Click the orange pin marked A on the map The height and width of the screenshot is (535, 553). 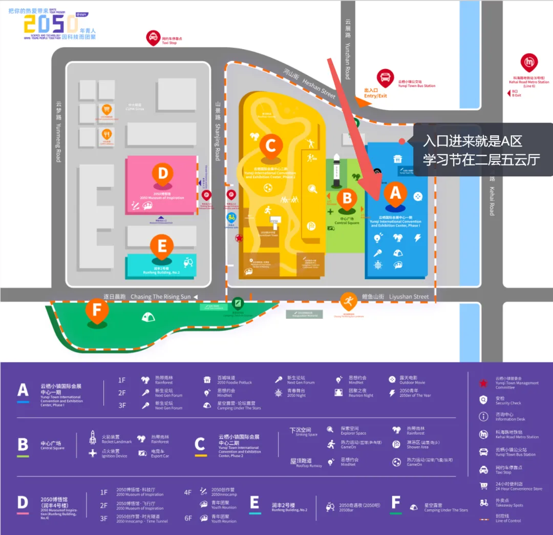395,193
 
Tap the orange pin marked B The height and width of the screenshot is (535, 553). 347,198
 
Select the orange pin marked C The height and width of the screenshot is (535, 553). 271,145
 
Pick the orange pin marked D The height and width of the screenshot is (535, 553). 162,174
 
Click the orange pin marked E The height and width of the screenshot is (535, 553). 162,246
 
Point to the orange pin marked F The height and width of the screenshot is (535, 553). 97,310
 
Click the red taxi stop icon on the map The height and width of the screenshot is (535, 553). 153,37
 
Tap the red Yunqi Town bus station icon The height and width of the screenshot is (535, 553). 385,78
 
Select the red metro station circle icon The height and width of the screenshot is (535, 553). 529,63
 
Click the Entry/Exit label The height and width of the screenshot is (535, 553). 375,93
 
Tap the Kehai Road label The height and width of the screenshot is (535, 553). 492,195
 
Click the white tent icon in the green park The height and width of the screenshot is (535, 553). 148,317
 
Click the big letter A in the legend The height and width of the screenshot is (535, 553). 23,390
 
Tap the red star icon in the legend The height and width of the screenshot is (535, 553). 483,383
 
